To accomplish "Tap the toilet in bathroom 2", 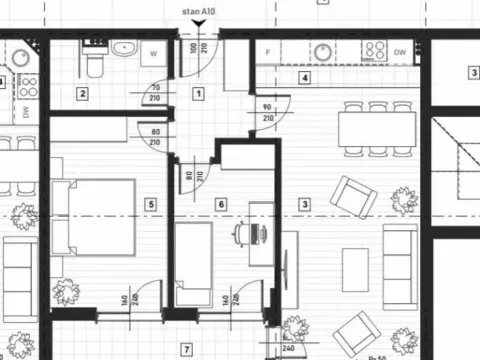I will (x=93, y=61).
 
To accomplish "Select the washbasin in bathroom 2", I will (x=125, y=50).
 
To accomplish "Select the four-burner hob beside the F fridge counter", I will (x=375, y=51).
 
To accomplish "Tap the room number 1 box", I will (x=198, y=94).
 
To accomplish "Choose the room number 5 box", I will (x=151, y=205).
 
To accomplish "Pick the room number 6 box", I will (x=221, y=205).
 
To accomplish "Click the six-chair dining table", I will (x=377, y=128).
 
